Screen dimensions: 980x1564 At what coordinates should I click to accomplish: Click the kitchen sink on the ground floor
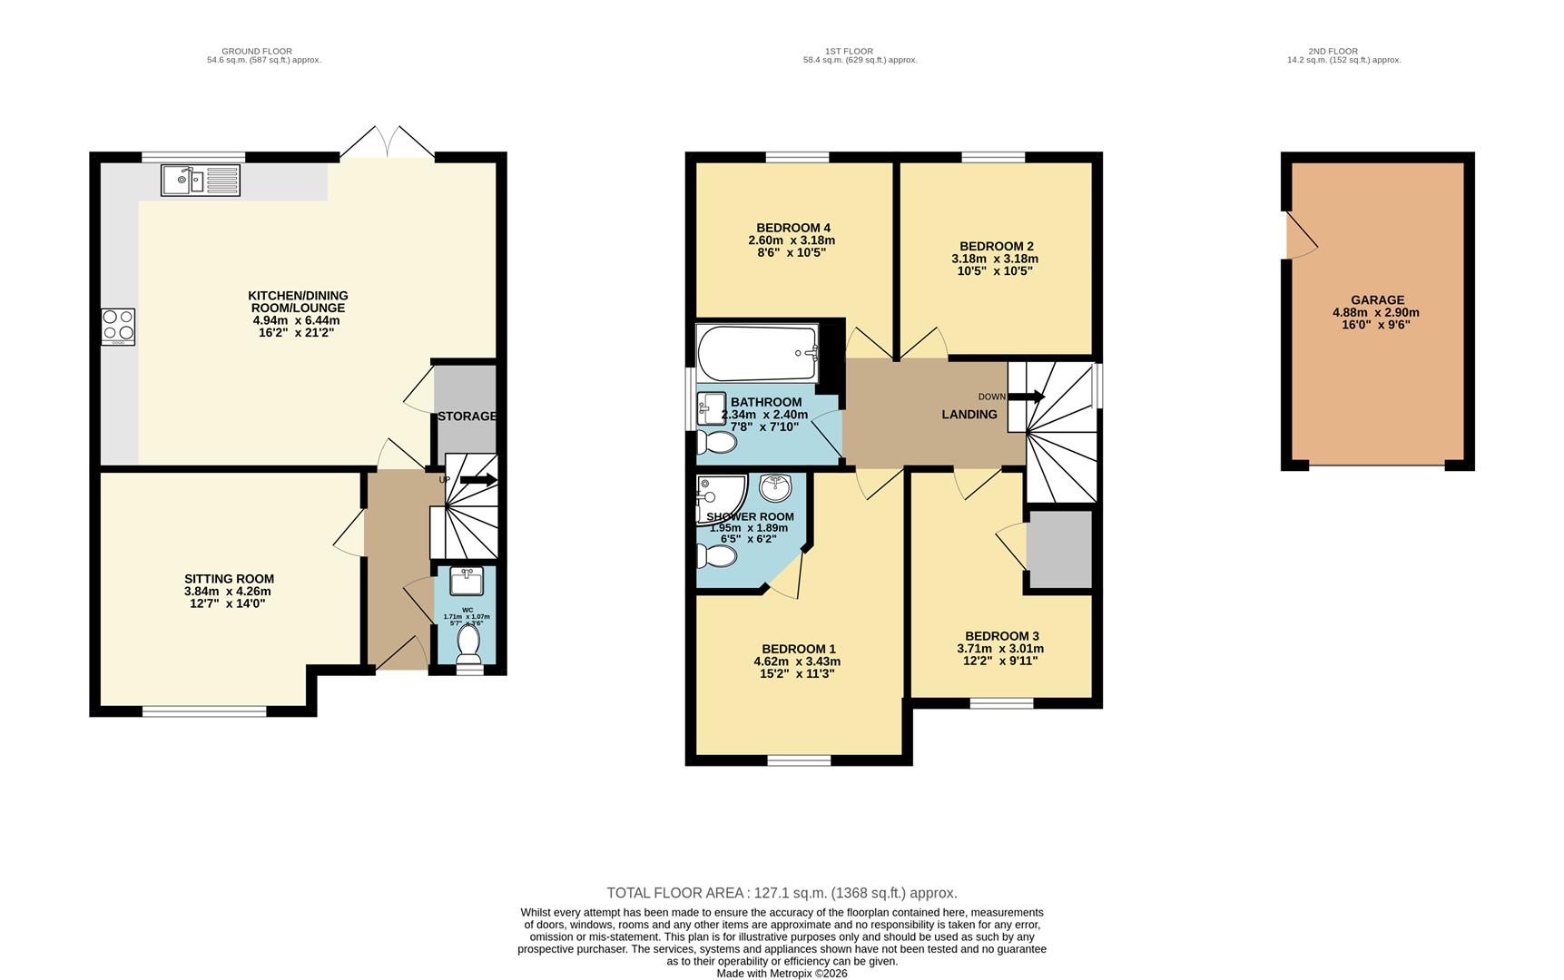[200, 180]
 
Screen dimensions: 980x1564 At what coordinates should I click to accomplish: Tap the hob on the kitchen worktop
[118, 327]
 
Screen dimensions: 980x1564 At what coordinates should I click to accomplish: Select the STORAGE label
[467, 416]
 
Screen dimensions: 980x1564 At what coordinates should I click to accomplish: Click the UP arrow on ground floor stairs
[479, 480]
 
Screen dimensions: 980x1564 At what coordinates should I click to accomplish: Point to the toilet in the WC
[468, 642]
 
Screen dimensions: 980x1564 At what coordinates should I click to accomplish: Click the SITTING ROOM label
[229, 579]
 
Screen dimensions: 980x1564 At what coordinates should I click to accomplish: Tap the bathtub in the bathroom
[756, 353]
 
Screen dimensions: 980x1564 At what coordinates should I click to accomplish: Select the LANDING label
[969, 415]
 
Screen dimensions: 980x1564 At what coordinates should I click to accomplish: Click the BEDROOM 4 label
[792, 228]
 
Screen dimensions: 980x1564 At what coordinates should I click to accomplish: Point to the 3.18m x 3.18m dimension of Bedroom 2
[994, 259]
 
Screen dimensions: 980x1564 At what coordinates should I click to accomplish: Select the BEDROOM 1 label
[798, 649]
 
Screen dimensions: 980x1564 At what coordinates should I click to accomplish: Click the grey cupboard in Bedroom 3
[1058, 549]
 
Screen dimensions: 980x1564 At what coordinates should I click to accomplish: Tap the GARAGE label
[1376, 300]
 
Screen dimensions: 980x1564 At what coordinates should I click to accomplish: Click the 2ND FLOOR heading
[1333, 52]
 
